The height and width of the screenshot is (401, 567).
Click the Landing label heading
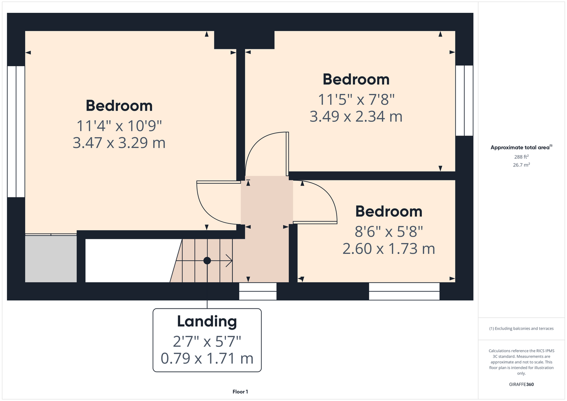(x=207, y=322)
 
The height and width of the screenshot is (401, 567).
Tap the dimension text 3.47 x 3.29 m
(x=119, y=143)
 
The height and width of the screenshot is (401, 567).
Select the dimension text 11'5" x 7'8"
(x=356, y=99)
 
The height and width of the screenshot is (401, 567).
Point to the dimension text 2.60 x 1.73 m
(x=389, y=249)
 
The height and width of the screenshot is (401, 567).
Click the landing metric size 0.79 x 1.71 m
(x=207, y=358)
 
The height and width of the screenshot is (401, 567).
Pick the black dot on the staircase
(x=207, y=261)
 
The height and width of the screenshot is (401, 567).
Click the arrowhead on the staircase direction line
(x=230, y=261)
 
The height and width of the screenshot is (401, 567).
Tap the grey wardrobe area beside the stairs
(x=51, y=259)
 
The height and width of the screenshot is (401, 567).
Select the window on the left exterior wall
(x=16, y=132)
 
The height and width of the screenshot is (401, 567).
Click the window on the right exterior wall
(x=464, y=100)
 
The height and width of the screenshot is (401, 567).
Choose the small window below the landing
(x=258, y=291)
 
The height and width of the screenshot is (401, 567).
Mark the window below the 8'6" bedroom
(x=404, y=291)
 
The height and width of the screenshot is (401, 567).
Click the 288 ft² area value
(x=521, y=157)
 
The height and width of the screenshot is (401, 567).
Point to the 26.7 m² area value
(x=521, y=165)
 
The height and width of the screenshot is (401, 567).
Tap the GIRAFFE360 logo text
(x=521, y=384)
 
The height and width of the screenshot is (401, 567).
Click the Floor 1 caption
(x=240, y=392)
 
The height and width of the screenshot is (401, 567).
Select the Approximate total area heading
(x=521, y=147)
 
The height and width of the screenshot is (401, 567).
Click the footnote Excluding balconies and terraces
(x=521, y=329)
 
